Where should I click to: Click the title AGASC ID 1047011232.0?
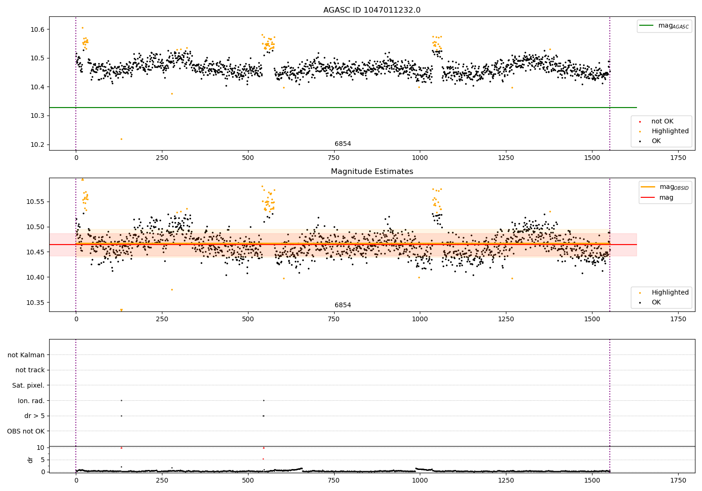pos(372,10)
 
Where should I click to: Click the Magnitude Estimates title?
pos(372,172)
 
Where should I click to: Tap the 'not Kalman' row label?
pos(26,355)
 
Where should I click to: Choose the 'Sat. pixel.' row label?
pos(28,385)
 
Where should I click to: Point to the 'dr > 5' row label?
pos(34,416)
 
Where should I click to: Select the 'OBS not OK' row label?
pos(26,431)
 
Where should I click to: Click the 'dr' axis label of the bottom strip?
pos(30,460)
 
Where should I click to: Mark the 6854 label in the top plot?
pos(343,144)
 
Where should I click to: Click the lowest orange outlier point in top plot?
pos(121,139)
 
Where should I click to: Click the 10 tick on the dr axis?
pos(41,448)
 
